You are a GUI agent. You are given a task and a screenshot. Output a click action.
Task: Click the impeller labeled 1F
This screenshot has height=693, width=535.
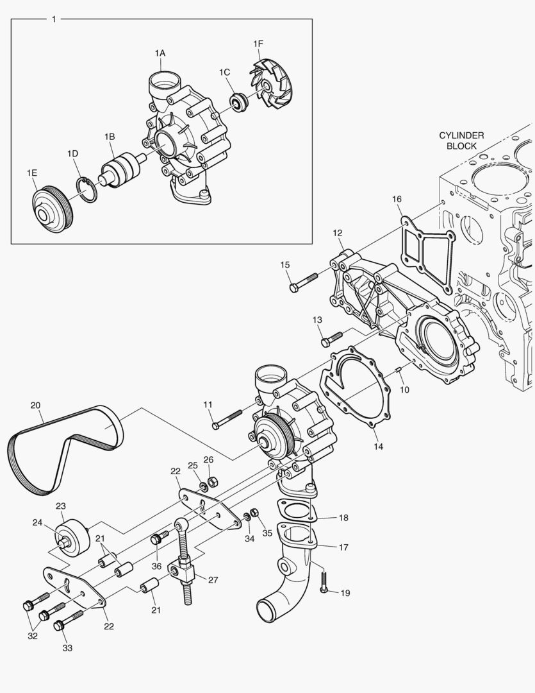click(x=272, y=84)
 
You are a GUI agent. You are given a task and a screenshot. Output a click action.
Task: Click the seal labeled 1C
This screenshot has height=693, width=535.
click(x=239, y=102)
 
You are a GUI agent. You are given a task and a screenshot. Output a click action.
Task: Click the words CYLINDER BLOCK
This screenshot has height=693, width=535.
click(x=461, y=141)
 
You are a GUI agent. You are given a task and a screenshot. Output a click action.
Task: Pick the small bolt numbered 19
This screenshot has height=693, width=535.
click(x=325, y=583)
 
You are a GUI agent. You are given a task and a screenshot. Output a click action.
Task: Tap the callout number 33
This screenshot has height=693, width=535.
click(x=67, y=648)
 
